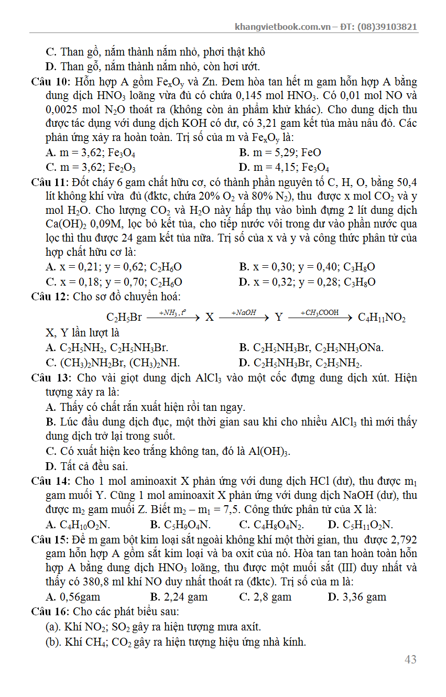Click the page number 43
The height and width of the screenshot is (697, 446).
(410, 659)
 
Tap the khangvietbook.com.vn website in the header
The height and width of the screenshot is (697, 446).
(283, 27)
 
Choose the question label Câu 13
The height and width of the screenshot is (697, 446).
(51, 378)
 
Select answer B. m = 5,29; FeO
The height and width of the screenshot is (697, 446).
(280, 153)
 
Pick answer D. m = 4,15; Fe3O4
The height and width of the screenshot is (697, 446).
(284, 168)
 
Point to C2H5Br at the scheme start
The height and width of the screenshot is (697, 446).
(124, 318)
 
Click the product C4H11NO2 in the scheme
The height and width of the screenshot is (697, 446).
(382, 318)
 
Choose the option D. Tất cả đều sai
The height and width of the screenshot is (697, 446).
(87, 466)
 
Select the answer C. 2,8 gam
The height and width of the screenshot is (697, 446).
(265, 596)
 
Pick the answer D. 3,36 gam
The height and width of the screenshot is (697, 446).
(357, 596)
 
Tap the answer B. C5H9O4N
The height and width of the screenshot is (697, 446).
(180, 525)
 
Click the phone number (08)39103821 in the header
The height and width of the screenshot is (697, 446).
(387, 27)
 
